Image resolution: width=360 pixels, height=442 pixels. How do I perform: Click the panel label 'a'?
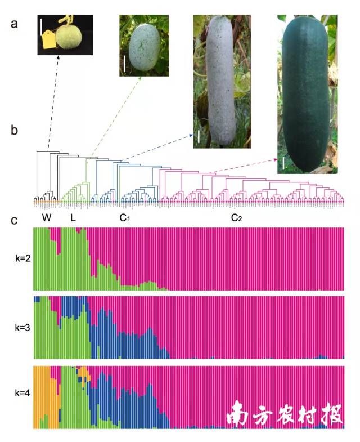coord(16,24)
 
